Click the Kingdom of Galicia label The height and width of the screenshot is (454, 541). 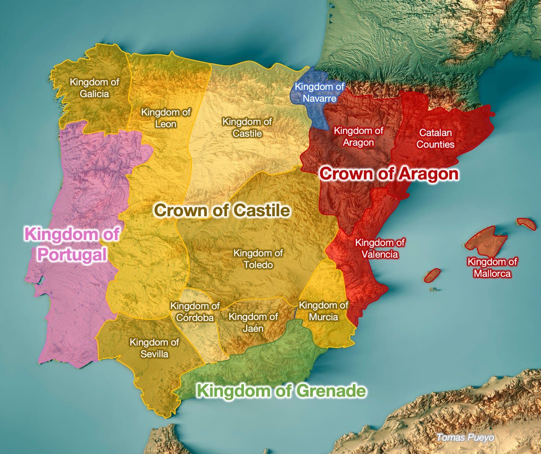click(x=94, y=88)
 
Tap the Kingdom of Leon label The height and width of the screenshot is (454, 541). click(x=166, y=118)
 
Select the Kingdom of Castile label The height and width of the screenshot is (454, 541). click(x=247, y=127)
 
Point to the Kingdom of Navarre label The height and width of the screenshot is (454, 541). click(x=319, y=92)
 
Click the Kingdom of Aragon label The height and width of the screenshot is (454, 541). click(x=358, y=137)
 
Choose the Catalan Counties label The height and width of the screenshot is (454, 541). click(x=435, y=139)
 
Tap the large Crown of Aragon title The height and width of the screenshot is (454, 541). click(x=389, y=174)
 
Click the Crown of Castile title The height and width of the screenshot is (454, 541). click(x=222, y=210)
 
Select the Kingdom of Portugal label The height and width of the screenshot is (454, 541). click(x=72, y=244)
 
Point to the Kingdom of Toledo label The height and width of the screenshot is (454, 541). click(x=258, y=259)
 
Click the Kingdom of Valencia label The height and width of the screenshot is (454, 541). click(x=380, y=248)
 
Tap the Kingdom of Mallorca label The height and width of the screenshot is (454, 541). click(x=492, y=267)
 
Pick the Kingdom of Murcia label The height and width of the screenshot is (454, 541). click(x=323, y=311)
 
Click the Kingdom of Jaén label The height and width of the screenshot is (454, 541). click(x=253, y=322)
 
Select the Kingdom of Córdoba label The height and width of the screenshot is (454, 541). click(x=195, y=312)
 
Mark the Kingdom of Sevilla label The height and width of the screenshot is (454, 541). click(x=154, y=348)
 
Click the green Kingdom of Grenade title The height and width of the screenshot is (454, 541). click(x=281, y=391)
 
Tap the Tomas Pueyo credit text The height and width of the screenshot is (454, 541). click(x=465, y=437)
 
